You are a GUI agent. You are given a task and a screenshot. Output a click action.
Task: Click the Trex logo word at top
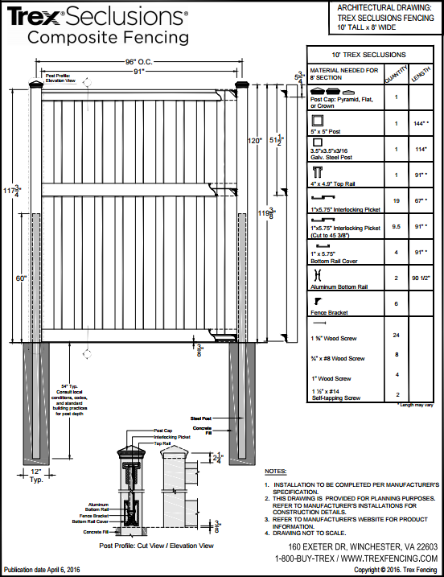tap(30, 15)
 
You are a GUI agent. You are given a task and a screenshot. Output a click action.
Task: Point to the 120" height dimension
tap(256, 141)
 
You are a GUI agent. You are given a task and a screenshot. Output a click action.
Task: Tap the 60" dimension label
tap(19, 278)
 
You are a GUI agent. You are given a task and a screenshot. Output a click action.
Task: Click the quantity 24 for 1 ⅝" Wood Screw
tap(397, 334)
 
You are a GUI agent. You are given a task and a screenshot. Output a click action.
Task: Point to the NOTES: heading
tap(275, 471)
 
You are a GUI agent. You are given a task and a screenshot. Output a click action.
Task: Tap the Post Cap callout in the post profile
tap(163, 431)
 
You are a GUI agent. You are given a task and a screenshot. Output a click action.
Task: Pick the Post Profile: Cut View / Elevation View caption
tap(157, 546)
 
